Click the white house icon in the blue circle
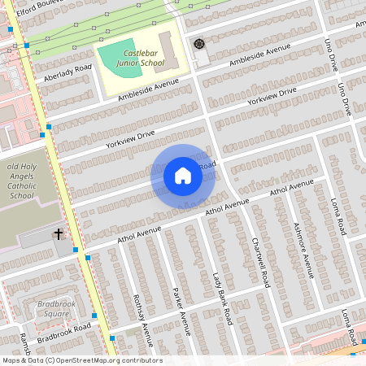point(183,176)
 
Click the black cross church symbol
point(59,234)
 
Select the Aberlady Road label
point(68,72)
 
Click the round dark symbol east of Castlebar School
point(198,43)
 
